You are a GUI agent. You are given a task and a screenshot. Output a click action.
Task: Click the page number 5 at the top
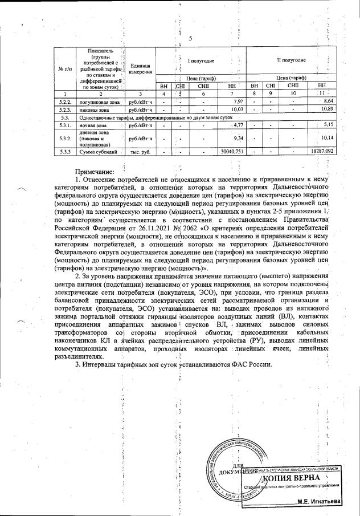pos(190,39)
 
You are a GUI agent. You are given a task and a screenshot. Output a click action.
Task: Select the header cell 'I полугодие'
pos(201,60)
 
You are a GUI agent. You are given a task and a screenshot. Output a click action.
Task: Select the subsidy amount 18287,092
pos(321,152)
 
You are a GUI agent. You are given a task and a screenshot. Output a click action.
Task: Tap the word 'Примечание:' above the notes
pos(95,170)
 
